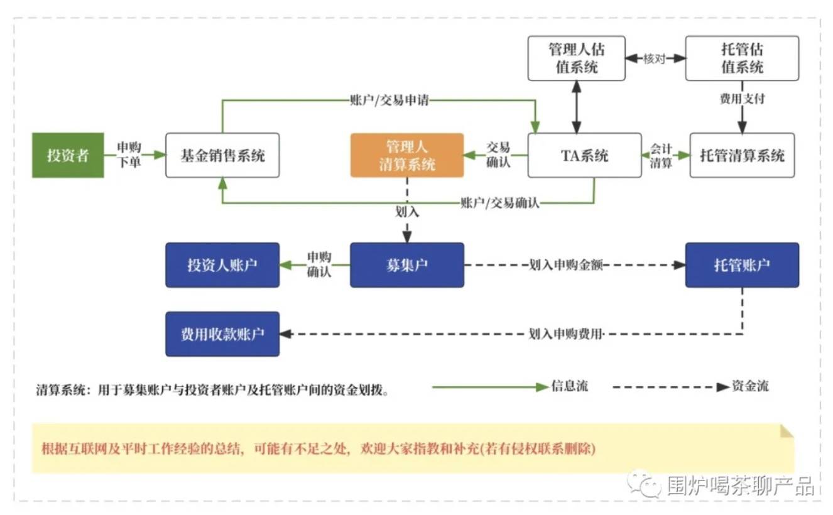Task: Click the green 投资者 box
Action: point(68,155)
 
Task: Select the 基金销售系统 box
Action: point(222,155)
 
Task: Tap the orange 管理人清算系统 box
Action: point(407,155)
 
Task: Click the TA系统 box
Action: point(585,155)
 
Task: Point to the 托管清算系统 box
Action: point(743,155)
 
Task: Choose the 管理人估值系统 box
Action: point(577,58)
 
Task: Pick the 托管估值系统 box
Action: point(743,58)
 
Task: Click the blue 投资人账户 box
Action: point(222,265)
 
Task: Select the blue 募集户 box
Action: point(407,265)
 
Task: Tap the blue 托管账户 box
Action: point(743,265)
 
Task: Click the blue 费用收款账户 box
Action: point(222,334)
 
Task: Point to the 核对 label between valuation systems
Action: point(655,58)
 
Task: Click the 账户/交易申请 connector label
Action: point(389,100)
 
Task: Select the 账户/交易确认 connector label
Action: point(500,203)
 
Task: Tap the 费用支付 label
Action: point(743,99)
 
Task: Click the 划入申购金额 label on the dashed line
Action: point(566,265)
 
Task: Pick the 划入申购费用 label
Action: point(565,334)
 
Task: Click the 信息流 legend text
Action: point(570,386)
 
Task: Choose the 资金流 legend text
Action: point(750,386)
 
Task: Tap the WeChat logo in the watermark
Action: point(644,484)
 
